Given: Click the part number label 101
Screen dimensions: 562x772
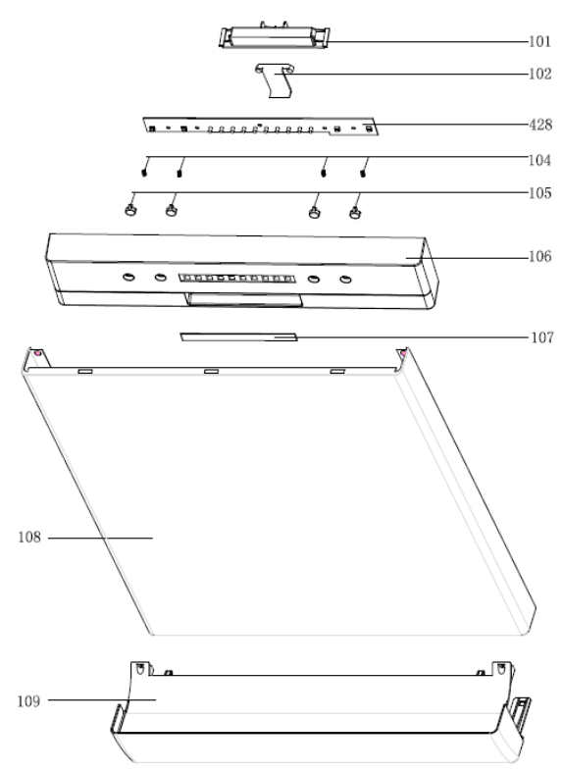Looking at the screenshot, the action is pos(539,41).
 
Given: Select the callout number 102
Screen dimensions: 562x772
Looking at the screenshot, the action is pos(539,74).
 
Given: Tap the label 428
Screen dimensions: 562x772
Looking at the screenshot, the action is pos(540,125).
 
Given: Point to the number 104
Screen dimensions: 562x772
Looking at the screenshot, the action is pos(539,160).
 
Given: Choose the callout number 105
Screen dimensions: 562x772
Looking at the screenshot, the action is pos(539,193).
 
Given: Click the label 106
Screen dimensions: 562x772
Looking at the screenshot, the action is pos(539,256).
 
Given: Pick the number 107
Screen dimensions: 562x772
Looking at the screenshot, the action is pos(542,337).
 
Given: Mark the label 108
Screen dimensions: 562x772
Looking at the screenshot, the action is pos(29,538).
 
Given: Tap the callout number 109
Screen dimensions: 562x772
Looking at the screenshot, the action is pos(29,700).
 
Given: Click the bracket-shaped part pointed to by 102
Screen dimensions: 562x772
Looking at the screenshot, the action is pos(275,79).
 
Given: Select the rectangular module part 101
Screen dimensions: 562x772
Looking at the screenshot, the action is pos(274,36).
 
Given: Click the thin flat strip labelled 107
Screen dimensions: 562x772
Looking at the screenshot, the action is pos(238,336).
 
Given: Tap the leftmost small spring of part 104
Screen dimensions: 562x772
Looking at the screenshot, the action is pos(144,173).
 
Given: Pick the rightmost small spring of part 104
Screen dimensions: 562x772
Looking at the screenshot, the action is pos(363,173).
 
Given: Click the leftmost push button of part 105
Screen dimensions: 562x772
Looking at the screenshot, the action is pos(130,210).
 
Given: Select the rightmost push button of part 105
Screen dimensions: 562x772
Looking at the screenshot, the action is pos(355,213).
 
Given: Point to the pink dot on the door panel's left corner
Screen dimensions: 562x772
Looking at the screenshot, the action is pos(38,353).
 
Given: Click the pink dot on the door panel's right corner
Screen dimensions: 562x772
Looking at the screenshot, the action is pos(403,353).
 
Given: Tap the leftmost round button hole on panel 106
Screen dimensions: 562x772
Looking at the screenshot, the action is pos(128,278).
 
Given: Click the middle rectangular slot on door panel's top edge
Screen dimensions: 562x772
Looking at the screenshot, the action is pos(211,371).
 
